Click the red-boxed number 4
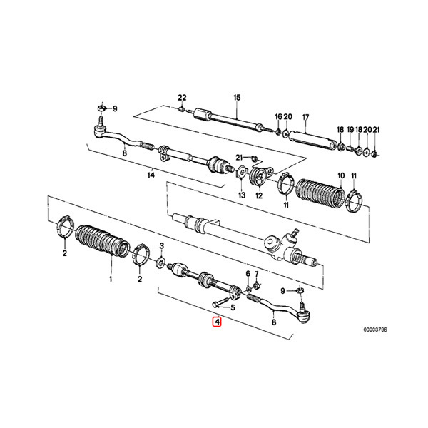[x=217, y=322]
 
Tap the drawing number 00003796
[x=374, y=330]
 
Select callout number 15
[x=237, y=98]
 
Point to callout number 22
[x=182, y=98]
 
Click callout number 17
[x=305, y=118]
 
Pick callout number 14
[x=151, y=175]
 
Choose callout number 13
[x=242, y=195]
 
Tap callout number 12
[x=259, y=195]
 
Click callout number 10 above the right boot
[x=341, y=175]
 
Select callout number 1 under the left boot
[x=111, y=279]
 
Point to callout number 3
[x=162, y=246]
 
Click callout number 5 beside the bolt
[x=233, y=308]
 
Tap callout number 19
[x=350, y=130]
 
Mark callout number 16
[x=278, y=117]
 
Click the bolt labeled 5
[x=220, y=302]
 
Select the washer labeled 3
[x=160, y=263]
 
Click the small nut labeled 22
[x=181, y=109]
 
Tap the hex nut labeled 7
[x=256, y=286]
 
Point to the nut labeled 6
[x=249, y=289]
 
